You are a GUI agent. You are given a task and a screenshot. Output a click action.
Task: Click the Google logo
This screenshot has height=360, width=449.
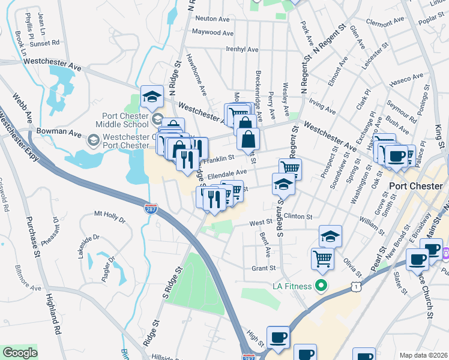(x=20, y=353)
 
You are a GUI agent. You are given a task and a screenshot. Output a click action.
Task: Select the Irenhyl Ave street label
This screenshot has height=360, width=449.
(x=224, y=49)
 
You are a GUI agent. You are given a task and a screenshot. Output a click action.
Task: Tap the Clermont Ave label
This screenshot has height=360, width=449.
(x=387, y=23)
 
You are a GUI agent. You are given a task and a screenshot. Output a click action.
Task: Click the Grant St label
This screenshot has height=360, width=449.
(x=263, y=268)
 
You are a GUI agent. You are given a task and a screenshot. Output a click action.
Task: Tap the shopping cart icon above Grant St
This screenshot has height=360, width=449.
(x=322, y=259)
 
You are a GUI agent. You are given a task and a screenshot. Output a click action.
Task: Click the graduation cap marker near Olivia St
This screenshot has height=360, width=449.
(x=330, y=236)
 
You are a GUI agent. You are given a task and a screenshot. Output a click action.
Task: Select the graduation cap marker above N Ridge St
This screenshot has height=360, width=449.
(x=152, y=96)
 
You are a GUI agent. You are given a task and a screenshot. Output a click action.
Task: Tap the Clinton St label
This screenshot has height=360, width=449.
(x=298, y=216)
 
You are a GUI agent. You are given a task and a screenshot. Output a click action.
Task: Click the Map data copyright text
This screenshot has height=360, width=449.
(x=423, y=355)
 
